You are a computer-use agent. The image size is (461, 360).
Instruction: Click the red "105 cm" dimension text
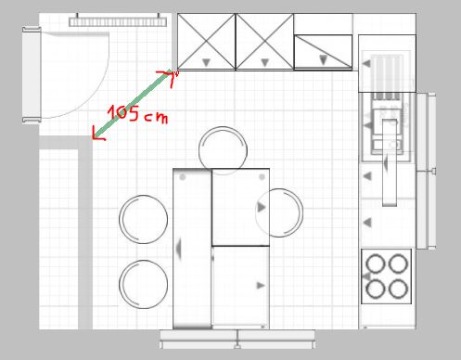137,114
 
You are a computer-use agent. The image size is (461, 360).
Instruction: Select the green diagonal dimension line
134,104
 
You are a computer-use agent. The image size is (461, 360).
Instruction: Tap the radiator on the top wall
118,21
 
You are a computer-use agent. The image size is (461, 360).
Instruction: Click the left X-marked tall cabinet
206,42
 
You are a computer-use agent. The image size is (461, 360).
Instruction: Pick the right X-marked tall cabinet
264,42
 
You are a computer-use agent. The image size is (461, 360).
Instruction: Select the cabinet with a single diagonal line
323,52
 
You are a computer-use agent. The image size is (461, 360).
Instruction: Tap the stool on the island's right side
279,212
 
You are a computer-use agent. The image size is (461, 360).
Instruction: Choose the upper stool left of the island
144,219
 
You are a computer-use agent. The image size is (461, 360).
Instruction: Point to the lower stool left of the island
144,284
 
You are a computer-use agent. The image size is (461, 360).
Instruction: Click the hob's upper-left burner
376,264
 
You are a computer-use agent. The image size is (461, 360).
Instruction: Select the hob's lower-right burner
398,289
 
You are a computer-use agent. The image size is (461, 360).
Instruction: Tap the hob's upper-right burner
398,264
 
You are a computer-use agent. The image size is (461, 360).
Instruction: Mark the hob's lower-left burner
376,289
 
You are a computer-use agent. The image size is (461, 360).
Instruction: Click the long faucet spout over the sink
390,162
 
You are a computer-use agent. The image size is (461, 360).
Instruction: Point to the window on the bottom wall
237,340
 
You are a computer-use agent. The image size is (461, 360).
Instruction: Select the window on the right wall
426,171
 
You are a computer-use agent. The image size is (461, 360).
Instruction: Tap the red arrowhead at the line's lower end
97,135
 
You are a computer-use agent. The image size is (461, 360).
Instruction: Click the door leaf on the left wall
32,75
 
